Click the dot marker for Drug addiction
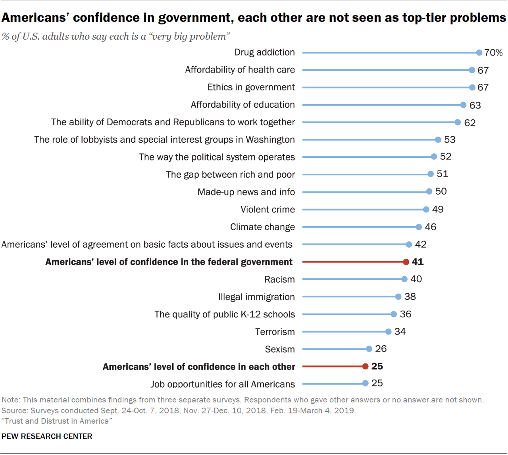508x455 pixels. click(479, 53)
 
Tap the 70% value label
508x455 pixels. click(493, 53)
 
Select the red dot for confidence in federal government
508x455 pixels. click(406, 262)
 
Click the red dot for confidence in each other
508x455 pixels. click(365, 367)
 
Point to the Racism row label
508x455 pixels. click(279, 279)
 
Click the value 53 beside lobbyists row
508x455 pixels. click(450, 140)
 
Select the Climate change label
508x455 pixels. click(262, 227)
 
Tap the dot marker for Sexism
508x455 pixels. click(369, 349)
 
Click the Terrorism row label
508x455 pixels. click(275, 332)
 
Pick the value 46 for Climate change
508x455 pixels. click(430, 227)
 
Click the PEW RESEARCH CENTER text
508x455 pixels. click(47, 436)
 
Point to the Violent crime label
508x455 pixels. click(267, 210)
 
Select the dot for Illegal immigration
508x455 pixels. click(398, 297)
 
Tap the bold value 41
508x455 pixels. click(418, 262)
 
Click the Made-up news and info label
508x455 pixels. click(246, 192)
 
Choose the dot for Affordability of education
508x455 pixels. click(463, 105)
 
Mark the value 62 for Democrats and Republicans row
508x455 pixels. click(470, 123)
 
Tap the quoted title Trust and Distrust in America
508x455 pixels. click(57, 421)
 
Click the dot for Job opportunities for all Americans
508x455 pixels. click(365, 383)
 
